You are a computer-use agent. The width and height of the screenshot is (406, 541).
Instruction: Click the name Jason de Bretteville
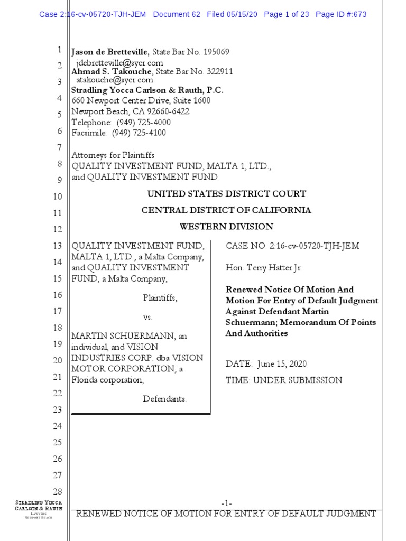(x=110, y=52)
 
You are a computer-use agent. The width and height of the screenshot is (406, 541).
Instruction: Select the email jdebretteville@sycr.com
(x=119, y=63)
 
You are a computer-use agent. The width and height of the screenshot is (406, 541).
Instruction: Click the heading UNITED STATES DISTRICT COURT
(x=226, y=194)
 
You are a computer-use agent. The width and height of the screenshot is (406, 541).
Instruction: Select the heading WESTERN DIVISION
(x=226, y=227)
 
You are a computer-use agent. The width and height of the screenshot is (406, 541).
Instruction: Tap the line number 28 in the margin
(x=58, y=492)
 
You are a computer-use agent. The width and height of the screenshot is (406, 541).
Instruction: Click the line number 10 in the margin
(x=58, y=197)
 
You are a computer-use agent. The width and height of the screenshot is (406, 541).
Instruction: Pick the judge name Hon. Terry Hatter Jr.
(x=264, y=268)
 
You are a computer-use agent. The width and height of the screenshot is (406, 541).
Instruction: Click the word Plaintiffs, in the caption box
(x=160, y=298)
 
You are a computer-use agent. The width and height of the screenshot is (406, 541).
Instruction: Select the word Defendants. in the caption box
(x=165, y=399)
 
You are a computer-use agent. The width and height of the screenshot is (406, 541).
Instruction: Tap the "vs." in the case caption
(x=148, y=317)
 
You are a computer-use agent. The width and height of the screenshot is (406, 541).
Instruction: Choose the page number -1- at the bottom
(x=226, y=503)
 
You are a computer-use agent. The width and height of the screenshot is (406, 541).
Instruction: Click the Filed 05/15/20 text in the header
(x=232, y=14)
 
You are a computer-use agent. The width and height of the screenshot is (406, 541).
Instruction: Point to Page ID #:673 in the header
(x=341, y=14)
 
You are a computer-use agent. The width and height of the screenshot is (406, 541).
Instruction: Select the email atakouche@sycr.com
(x=115, y=80)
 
